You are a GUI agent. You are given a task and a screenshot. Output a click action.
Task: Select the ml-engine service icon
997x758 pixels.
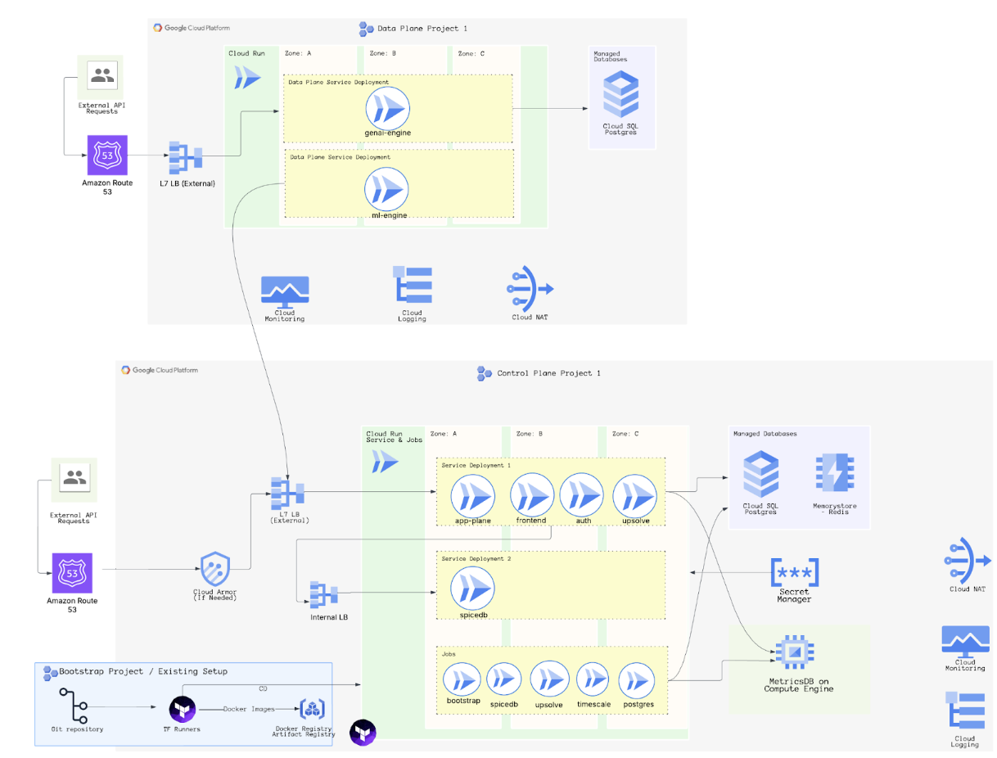[x=387, y=190]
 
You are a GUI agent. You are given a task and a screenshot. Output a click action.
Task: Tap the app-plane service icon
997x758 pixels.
[x=473, y=494]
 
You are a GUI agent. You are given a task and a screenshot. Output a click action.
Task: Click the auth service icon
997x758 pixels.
[x=582, y=494]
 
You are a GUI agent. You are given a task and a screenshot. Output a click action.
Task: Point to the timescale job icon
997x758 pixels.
[x=593, y=679]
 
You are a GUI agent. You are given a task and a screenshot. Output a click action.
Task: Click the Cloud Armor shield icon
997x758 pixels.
[x=215, y=567]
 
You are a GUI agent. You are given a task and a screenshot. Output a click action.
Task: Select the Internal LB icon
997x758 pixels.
[x=324, y=594]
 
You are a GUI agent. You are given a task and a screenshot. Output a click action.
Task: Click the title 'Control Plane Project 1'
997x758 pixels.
[x=548, y=373]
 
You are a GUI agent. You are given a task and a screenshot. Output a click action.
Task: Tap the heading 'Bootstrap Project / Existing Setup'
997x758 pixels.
[x=143, y=671]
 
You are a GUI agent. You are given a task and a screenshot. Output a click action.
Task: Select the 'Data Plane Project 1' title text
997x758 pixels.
[x=422, y=29]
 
